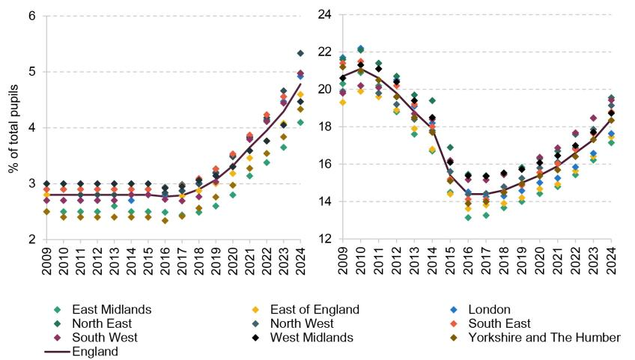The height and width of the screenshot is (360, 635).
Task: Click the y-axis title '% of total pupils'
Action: [13, 127]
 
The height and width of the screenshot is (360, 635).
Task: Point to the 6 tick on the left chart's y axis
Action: [34, 16]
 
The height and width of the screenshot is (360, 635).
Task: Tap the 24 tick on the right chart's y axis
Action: [324, 14]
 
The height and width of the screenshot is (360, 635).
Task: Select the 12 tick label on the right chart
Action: [324, 239]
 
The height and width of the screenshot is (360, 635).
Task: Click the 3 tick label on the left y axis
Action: [34, 183]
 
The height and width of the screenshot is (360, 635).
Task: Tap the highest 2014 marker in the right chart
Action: [433, 100]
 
